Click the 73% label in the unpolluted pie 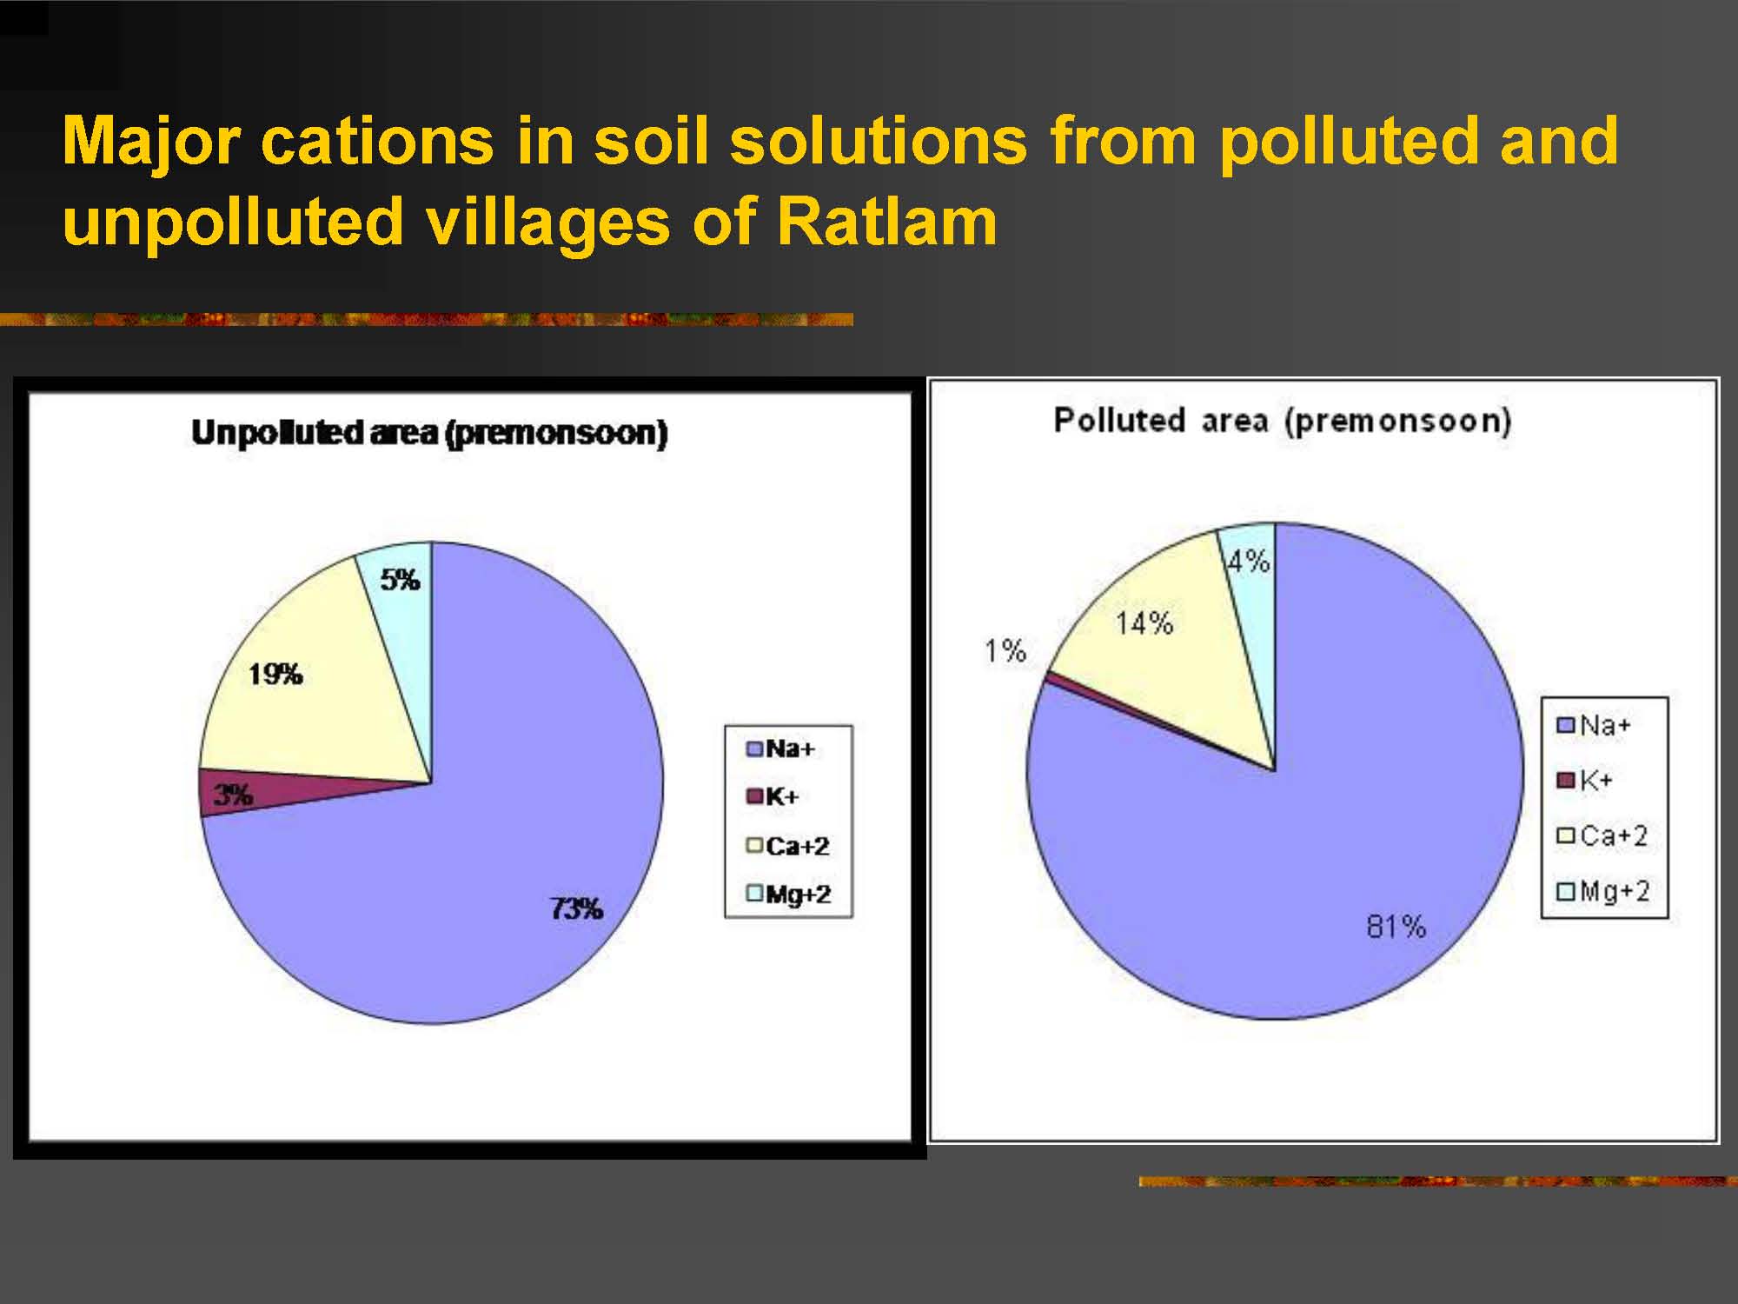(x=576, y=909)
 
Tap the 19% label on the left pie (x=275, y=674)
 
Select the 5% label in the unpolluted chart (x=400, y=580)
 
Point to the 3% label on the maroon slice (x=234, y=795)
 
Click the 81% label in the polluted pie (x=1396, y=927)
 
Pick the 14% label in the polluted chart (x=1144, y=623)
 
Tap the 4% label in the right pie (x=1249, y=562)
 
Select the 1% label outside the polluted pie (x=1005, y=650)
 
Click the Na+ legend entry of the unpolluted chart (x=780, y=748)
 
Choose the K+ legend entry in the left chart (x=773, y=796)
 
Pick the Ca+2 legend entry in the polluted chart (x=1602, y=835)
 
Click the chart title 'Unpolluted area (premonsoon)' (x=429, y=433)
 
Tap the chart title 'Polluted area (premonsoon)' (x=1283, y=421)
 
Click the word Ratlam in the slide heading (x=887, y=222)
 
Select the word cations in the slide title (x=376, y=141)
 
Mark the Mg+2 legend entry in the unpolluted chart (x=788, y=894)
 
